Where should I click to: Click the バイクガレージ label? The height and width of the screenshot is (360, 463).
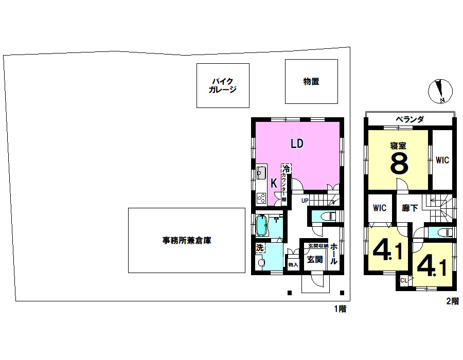tap(223, 85)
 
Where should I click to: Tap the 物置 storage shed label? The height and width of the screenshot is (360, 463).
tap(311, 81)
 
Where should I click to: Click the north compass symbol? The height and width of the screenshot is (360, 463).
tap(440, 92)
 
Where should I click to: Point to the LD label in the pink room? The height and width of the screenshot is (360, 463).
tap(297, 143)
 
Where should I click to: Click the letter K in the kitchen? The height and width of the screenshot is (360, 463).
tap(274, 183)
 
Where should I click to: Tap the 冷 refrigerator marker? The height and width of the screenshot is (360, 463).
tap(286, 169)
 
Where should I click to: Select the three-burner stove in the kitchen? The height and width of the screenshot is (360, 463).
tap(261, 197)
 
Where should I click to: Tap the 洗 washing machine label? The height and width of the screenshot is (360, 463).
tap(260, 248)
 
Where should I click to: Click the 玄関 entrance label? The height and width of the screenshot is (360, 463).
tap(314, 259)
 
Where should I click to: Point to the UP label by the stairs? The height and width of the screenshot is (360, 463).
tap(305, 200)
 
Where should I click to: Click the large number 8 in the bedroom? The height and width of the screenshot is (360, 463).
tap(399, 164)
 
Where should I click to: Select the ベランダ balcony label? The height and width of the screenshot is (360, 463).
tap(409, 120)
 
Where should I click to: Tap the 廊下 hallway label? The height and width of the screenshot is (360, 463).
tap(409, 208)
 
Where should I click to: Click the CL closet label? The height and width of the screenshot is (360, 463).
tap(403, 280)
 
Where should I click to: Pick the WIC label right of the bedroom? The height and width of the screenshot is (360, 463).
tap(442, 160)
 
